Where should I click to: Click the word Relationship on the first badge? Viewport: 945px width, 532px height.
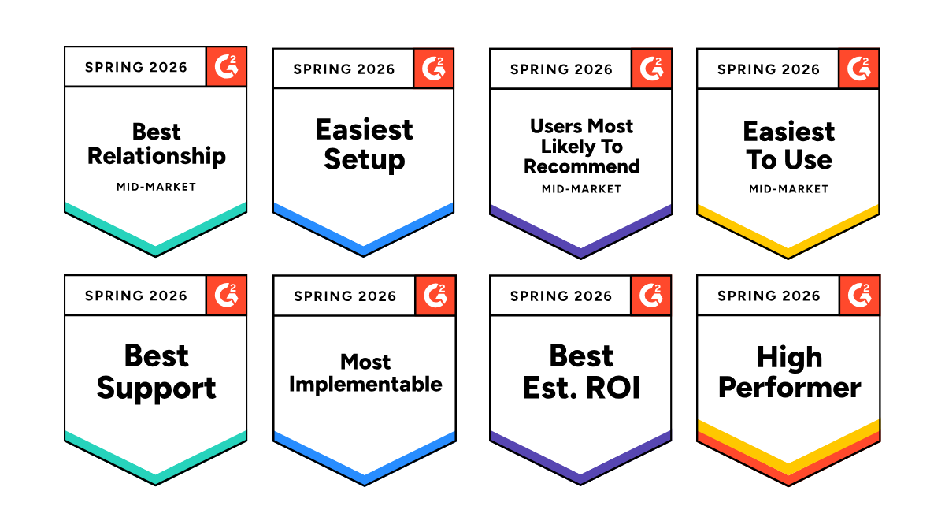[157, 157]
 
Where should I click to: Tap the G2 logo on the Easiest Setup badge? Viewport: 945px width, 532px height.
[434, 69]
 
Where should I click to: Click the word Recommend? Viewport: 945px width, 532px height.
[582, 166]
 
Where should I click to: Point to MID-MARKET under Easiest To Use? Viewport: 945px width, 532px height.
[789, 189]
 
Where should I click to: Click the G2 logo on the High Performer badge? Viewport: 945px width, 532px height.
[860, 295]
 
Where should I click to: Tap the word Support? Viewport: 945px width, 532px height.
[156, 389]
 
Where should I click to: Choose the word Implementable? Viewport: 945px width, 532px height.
[365, 385]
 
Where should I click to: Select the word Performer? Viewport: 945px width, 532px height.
[789, 388]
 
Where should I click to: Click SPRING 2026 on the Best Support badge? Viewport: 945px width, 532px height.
[135, 296]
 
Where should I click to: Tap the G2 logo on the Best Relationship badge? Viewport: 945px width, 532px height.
[227, 67]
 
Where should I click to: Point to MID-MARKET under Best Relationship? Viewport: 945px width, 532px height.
[157, 187]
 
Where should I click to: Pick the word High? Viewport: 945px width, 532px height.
[789, 358]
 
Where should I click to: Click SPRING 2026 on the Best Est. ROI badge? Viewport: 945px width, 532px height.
[561, 296]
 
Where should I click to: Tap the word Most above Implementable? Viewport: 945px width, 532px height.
[365, 362]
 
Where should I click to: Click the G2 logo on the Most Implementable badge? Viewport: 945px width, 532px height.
[435, 295]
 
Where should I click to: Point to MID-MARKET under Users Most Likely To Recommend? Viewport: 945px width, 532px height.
[582, 189]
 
